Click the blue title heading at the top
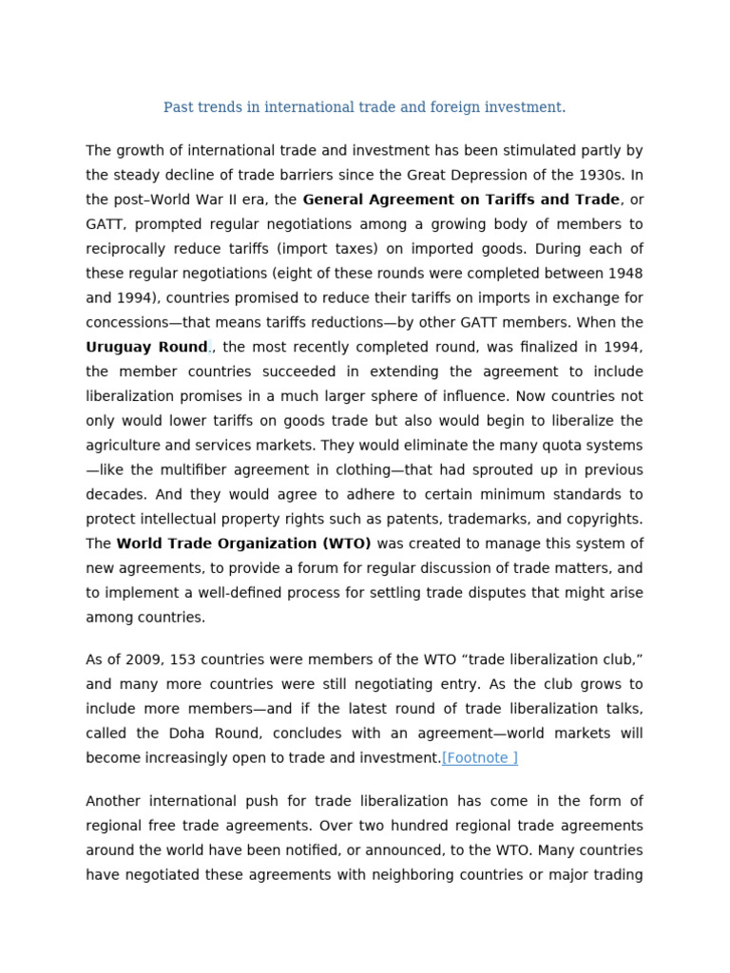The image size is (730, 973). click(364, 107)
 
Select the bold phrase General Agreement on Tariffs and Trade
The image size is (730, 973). click(461, 200)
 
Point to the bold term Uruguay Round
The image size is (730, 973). click(146, 348)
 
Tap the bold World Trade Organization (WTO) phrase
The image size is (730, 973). click(244, 544)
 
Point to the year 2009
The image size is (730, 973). click(136, 660)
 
